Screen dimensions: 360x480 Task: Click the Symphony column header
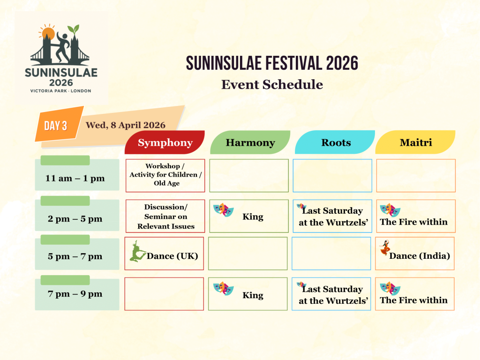[x=165, y=142]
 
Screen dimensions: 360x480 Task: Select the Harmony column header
[x=250, y=142]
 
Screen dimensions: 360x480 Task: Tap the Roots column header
[x=335, y=142]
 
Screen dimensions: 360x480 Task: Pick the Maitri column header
[x=415, y=142]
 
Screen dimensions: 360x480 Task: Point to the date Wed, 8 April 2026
[x=125, y=125]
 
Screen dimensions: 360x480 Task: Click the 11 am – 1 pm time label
[x=75, y=178]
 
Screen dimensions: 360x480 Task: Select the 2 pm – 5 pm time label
[x=75, y=219]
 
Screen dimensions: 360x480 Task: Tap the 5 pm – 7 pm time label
[x=75, y=256]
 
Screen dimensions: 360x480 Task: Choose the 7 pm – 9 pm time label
[x=75, y=294]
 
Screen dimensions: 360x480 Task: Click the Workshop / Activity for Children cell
[x=165, y=175]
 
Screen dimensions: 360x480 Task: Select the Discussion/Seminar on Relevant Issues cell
[x=165, y=216]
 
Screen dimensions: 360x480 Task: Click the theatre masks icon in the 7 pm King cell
[x=223, y=288]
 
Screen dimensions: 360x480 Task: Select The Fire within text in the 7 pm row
[x=413, y=300]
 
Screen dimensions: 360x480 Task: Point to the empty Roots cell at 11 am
[x=332, y=175]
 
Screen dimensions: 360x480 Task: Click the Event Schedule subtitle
[x=272, y=84]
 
